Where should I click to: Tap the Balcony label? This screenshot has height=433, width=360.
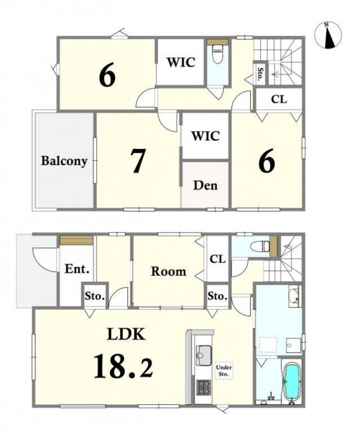point(64,161)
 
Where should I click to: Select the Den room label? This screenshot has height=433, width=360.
point(205,185)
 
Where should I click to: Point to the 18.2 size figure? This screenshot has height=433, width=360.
point(123,366)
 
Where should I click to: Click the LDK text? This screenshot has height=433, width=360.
point(126,334)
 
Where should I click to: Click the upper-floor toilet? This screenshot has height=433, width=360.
point(218,54)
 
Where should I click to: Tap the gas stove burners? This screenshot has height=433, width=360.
point(203,387)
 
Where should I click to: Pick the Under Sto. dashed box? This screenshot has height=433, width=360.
point(224,371)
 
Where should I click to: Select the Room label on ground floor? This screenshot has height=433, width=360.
point(169,272)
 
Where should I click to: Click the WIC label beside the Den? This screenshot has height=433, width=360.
point(205,136)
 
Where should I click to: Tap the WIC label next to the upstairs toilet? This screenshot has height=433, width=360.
point(181,62)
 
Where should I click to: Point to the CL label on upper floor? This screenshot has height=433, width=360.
point(279,99)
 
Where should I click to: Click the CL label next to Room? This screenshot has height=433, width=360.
point(217,259)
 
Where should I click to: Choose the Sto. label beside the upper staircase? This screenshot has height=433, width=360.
point(259,74)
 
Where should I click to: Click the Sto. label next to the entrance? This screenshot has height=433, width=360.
point(95,297)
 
